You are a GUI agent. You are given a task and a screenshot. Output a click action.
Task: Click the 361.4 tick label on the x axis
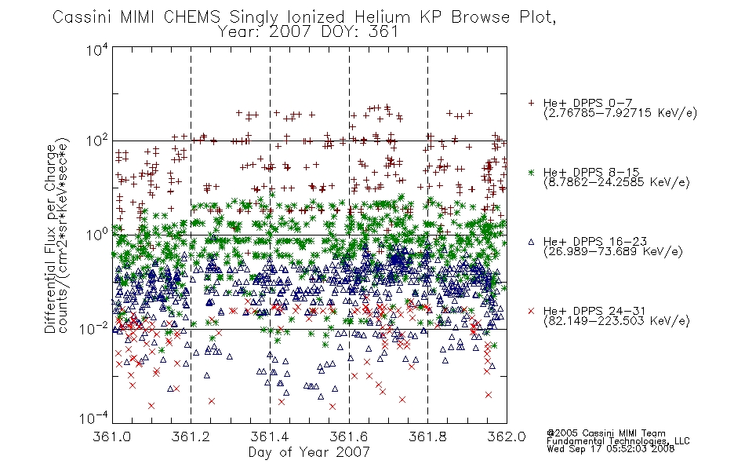click(x=270, y=436)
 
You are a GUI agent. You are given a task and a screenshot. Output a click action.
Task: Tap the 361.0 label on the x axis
click(x=111, y=436)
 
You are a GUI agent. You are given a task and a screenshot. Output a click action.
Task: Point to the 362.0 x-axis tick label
click(x=507, y=436)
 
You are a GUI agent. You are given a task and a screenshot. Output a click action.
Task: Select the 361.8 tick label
click(x=427, y=436)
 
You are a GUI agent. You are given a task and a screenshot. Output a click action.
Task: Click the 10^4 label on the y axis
click(x=97, y=49)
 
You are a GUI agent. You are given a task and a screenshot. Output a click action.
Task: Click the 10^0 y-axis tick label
click(x=97, y=235)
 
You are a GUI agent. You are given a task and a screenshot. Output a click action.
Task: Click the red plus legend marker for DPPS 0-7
click(x=531, y=103)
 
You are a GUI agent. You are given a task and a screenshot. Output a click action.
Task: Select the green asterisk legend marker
click(x=531, y=173)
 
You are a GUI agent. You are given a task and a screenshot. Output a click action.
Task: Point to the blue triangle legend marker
click(x=531, y=242)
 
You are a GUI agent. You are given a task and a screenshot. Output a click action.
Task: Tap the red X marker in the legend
click(x=531, y=311)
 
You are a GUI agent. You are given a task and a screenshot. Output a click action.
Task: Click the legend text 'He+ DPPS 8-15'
click(x=591, y=172)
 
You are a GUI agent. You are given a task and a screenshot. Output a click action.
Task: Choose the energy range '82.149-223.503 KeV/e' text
click(x=616, y=321)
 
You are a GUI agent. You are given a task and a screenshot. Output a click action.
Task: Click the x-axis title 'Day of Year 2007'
click(x=309, y=452)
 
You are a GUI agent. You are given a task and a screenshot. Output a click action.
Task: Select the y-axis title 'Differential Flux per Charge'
click(x=50, y=239)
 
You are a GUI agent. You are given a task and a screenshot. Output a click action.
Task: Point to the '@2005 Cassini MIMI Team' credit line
click(x=605, y=433)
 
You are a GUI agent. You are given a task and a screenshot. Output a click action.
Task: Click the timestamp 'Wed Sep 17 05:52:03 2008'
click(x=611, y=448)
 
